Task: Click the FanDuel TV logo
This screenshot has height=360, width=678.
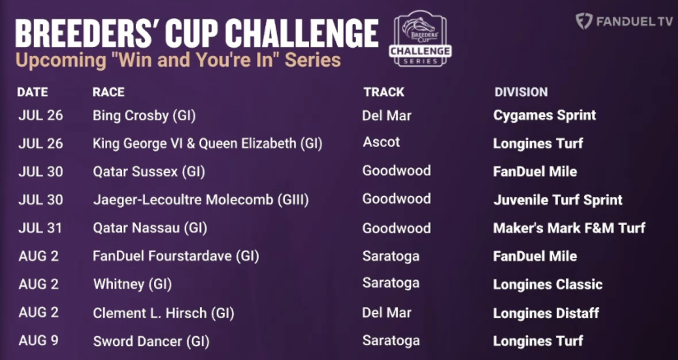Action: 624,21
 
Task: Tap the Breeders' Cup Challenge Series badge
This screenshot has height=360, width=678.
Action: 420,39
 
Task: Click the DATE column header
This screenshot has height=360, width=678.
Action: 32,92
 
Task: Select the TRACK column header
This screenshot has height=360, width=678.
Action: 384,92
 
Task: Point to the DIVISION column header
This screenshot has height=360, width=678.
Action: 521,92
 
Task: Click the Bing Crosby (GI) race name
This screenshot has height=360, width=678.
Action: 144,116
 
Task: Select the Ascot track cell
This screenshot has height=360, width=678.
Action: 381,143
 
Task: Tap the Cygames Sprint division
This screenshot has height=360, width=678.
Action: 545,115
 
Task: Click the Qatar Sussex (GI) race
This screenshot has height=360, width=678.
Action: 149,172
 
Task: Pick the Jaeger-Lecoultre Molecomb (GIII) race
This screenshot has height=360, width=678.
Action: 201,200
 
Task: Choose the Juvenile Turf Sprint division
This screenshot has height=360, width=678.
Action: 558,200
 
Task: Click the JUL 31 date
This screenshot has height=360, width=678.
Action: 40,228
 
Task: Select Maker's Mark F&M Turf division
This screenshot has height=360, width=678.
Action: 569,227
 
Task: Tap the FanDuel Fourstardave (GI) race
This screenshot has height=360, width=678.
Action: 175,256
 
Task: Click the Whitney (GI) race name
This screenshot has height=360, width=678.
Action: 133,284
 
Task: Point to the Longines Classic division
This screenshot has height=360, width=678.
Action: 548,284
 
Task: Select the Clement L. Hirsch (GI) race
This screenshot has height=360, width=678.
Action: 163,313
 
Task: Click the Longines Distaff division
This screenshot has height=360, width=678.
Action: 546,313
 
